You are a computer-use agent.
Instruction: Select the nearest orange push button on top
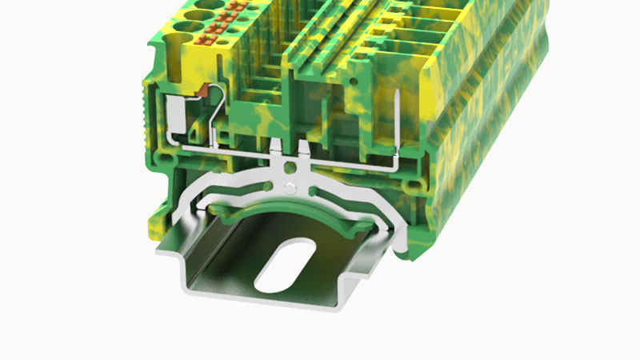[216, 35]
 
